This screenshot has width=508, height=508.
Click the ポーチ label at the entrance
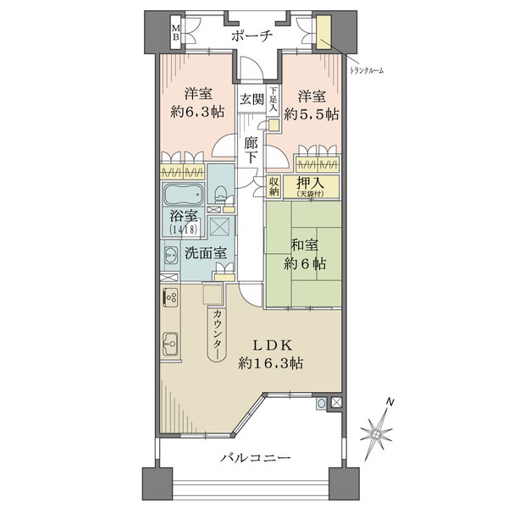(x=251, y=36)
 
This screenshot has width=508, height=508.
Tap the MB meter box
(x=176, y=33)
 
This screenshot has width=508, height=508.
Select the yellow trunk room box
(x=323, y=32)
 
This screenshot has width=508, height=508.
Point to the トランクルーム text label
(x=367, y=70)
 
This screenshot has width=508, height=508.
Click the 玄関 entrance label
(x=251, y=99)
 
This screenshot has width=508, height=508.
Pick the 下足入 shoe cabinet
(x=273, y=99)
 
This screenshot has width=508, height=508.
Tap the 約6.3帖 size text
(x=197, y=112)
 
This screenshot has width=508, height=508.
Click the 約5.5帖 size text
(x=312, y=114)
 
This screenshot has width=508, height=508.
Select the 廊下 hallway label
(x=251, y=149)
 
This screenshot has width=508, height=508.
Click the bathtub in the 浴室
(x=184, y=195)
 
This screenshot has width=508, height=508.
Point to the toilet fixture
(x=220, y=194)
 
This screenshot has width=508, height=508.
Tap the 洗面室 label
(x=206, y=253)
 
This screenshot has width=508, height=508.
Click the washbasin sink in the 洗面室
(x=171, y=255)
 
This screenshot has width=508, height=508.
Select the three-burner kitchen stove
(x=170, y=297)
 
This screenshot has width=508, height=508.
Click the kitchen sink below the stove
(x=170, y=344)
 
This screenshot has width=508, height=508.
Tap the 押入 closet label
(x=311, y=184)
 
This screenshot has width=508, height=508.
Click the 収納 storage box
(x=273, y=186)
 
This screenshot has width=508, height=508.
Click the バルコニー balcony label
(x=256, y=458)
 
